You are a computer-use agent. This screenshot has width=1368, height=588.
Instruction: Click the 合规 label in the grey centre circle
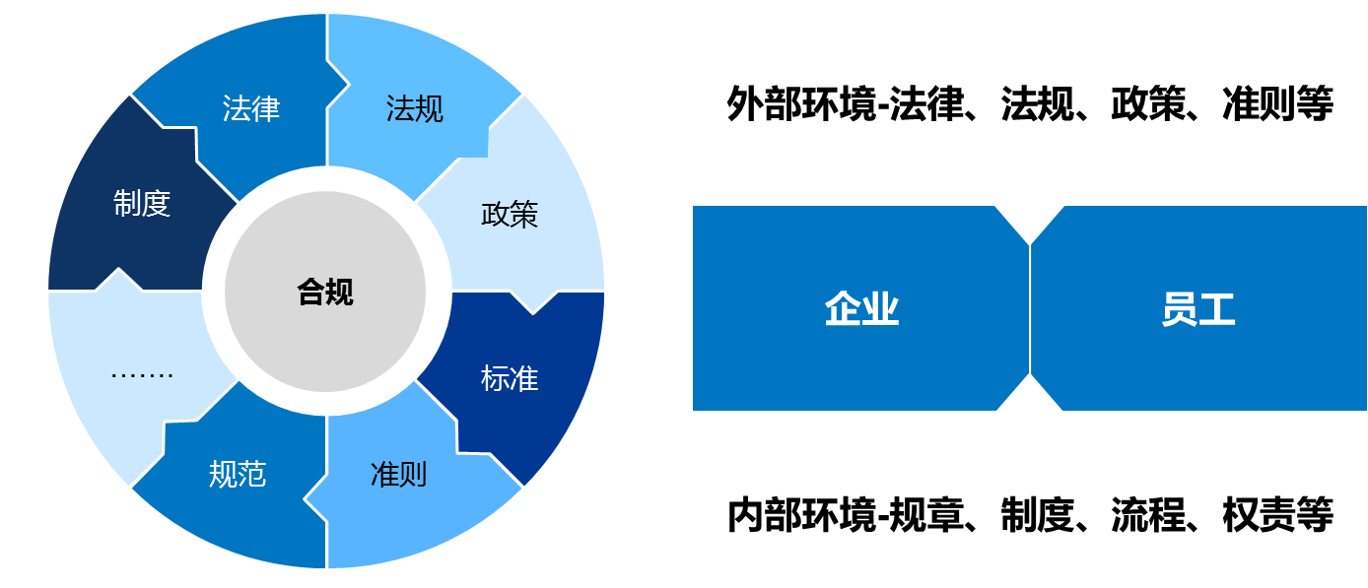coord(325,292)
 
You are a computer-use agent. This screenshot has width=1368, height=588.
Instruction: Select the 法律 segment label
coord(251,108)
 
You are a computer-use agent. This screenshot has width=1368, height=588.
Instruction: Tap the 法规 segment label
coord(415,108)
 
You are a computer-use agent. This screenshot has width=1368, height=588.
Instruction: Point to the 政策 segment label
coord(510,214)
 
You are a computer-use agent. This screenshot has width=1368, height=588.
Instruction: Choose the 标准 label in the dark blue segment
coord(510,378)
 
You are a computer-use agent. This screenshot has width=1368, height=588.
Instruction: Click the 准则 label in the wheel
coord(398,475)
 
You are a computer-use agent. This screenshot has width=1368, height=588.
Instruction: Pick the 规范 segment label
coord(238,475)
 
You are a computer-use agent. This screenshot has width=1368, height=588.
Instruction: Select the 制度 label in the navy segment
coord(142,204)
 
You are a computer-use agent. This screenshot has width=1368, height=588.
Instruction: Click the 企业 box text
coord(861,309)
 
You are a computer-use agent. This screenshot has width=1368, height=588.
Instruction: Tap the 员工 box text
coord(1197,309)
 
